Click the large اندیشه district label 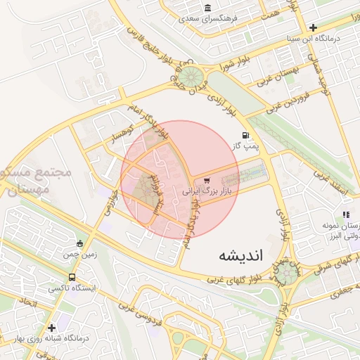click(x=240, y=255)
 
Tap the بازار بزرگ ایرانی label click(x=212, y=191)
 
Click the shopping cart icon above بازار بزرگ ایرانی click(x=206, y=181)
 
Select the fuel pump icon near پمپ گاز click(x=245, y=135)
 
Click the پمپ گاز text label click(x=247, y=146)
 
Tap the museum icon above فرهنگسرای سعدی click(x=207, y=8)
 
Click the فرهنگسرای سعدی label click(x=207, y=19)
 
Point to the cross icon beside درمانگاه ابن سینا click(x=313, y=27)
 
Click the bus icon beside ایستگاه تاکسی click(x=72, y=276)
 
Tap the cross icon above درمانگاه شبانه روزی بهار click(x=51, y=328)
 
